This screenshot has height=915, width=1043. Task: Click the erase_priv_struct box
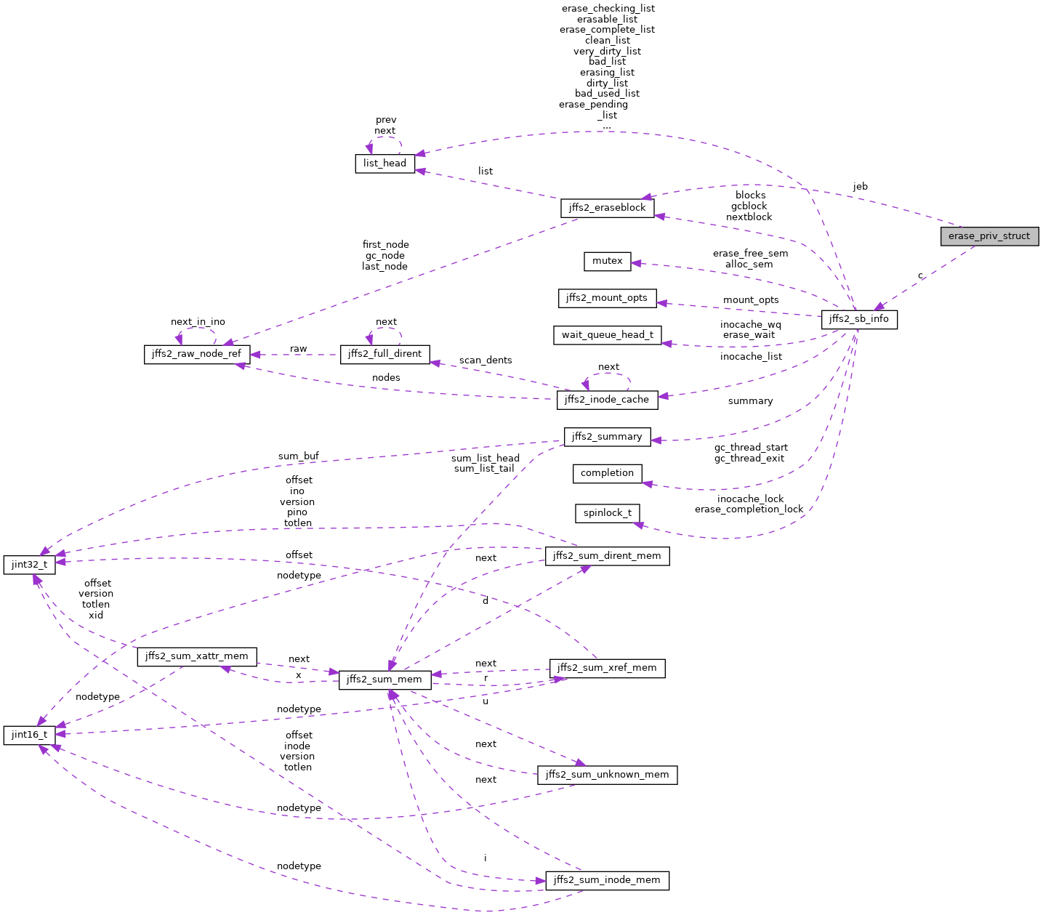point(989,236)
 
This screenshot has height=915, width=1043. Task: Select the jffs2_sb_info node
point(859,319)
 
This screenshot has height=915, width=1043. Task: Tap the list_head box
point(384,163)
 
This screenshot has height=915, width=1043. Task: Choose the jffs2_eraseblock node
point(608,208)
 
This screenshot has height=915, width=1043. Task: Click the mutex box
point(608,261)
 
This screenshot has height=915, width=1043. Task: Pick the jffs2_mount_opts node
point(608,298)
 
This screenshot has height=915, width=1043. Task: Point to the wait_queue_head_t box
point(608,335)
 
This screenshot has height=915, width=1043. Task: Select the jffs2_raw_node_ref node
point(197,354)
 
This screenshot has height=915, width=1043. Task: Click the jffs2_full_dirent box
point(384,354)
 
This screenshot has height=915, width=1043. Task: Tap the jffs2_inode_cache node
point(608,399)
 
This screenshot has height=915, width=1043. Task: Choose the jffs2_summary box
point(607,437)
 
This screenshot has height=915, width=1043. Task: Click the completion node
point(608,473)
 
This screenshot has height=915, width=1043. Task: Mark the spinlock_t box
point(608,513)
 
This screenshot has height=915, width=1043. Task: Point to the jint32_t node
point(30,565)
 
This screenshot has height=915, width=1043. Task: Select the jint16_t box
point(30,735)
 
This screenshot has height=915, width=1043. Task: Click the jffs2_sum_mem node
point(384,680)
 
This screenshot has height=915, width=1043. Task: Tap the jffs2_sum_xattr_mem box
point(197,656)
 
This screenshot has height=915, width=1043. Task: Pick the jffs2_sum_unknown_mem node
point(607,775)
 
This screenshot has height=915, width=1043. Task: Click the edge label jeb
point(860,187)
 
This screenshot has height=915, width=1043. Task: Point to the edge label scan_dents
point(486,360)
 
